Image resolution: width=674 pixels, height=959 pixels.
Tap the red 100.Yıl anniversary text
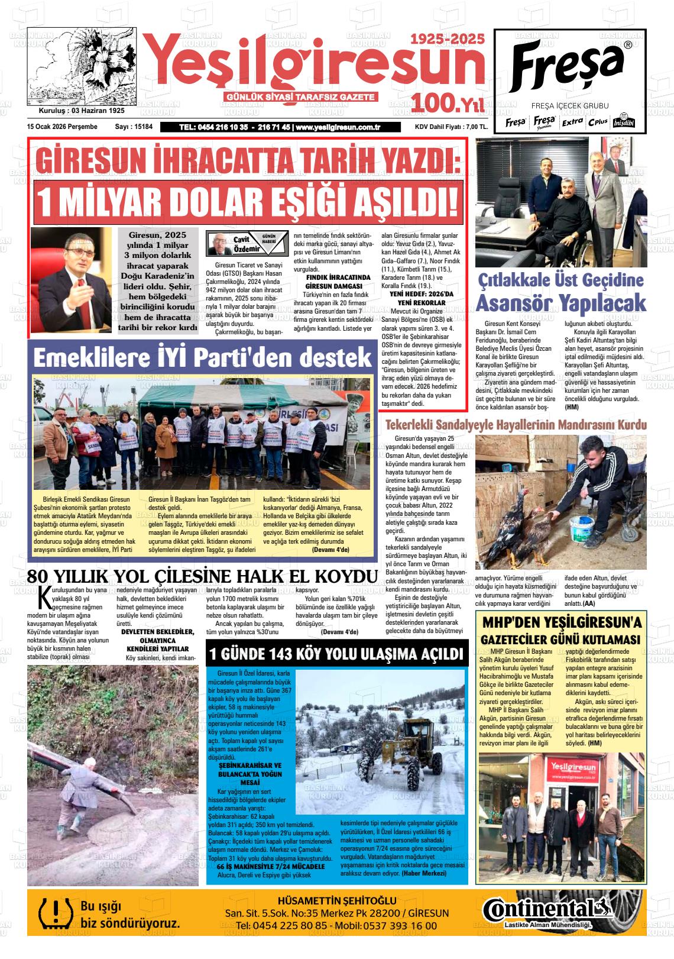click(448, 103)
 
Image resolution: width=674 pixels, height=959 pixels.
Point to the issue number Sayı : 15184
click(134, 127)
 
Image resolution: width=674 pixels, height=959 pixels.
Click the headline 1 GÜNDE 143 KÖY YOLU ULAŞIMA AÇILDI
click(336, 654)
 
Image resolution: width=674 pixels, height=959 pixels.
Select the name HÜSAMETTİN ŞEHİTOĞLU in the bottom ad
click(336, 901)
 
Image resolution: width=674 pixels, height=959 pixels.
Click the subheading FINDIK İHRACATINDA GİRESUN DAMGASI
click(338, 281)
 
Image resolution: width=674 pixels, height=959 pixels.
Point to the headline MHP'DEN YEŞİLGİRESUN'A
click(561, 622)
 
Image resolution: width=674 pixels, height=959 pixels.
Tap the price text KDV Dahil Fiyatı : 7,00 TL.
click(451, 127)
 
